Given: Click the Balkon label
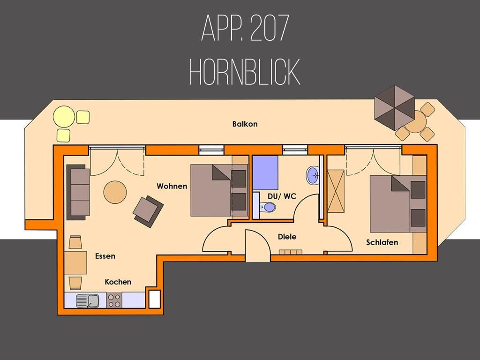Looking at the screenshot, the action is tap(245, 124).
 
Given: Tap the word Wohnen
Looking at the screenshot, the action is tap(172, 186).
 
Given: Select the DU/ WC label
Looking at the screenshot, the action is tap(282, 196).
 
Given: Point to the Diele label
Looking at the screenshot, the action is tap(287, 237).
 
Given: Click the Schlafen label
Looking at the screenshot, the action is tap(382, 242).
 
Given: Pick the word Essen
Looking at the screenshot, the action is tap(105, 256).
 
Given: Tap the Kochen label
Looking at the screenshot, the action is tap(118, 282).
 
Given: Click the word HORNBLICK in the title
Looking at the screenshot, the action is tap(245, 72).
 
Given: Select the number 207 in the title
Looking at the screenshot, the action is tap(270, 28).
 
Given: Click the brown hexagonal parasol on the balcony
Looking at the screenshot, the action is tap(395, 108).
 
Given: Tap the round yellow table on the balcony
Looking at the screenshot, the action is tap(64, 117).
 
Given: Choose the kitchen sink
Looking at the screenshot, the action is tap(88, 300).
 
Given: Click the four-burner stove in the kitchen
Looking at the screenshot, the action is tap(114, 300).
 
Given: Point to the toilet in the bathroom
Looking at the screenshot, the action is tap(267, 207).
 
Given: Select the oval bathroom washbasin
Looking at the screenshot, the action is tap(313, 175).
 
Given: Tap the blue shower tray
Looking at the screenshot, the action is tap(265, 172).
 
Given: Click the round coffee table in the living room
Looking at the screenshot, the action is tap(115, 192).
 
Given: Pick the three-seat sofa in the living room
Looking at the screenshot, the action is tap(78, 192).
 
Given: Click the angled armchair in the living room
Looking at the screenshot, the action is tap(148, 211).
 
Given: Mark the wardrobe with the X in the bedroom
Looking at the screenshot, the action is tap(336, 191).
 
